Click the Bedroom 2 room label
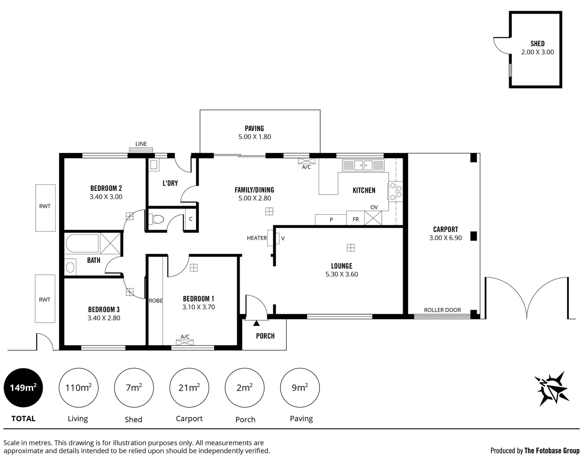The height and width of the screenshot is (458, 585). [x=106, y=188]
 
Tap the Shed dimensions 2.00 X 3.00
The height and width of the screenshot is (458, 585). [x=537, y=52]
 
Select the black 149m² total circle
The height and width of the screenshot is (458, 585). [x=23, y=388]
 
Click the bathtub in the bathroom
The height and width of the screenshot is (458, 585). [x=82, y=243]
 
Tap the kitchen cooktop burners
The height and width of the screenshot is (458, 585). [x=396, y=191]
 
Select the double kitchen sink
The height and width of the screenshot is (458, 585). [x=363, y=165]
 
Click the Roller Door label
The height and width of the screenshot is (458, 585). [x=442, y=310]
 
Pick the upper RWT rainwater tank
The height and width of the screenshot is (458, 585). [x=45, y=207]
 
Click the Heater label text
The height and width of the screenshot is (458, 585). [x=257, y=238]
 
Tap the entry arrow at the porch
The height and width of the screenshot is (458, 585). [x=256, y=324]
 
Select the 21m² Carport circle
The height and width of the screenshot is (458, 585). [x=189, y=388]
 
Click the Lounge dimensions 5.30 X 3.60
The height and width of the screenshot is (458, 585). [x=341, y=274]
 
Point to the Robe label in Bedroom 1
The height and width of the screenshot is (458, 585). [x=156, y=301]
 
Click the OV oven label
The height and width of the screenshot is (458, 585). [x=374, y=207]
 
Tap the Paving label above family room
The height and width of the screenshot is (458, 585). [x=254, y=128]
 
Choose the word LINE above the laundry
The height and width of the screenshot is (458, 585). [x=141, y=144]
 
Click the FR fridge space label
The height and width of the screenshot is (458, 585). [x=355, y=219]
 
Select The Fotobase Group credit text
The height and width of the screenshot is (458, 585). [x=551, y=450]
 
